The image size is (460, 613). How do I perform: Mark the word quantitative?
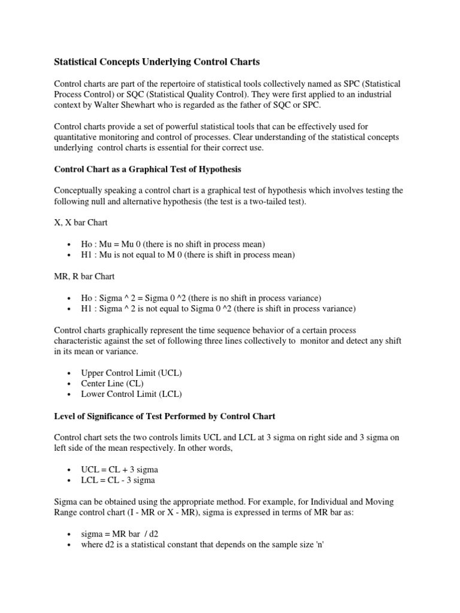[80, 138]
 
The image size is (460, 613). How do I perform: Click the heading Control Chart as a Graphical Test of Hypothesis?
[147, 169]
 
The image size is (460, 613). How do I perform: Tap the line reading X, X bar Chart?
[81, 223]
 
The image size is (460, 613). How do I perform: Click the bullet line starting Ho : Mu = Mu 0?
[164, 244]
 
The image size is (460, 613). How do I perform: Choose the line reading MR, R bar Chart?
[85, 277]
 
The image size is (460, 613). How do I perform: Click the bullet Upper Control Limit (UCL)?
[131, 372]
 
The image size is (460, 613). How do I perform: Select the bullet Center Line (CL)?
[112, 383]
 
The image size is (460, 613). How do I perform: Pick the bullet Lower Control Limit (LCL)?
[131, 394]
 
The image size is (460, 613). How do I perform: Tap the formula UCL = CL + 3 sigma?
[119, 469]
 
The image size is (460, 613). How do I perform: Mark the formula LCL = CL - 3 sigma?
[118, 480]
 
